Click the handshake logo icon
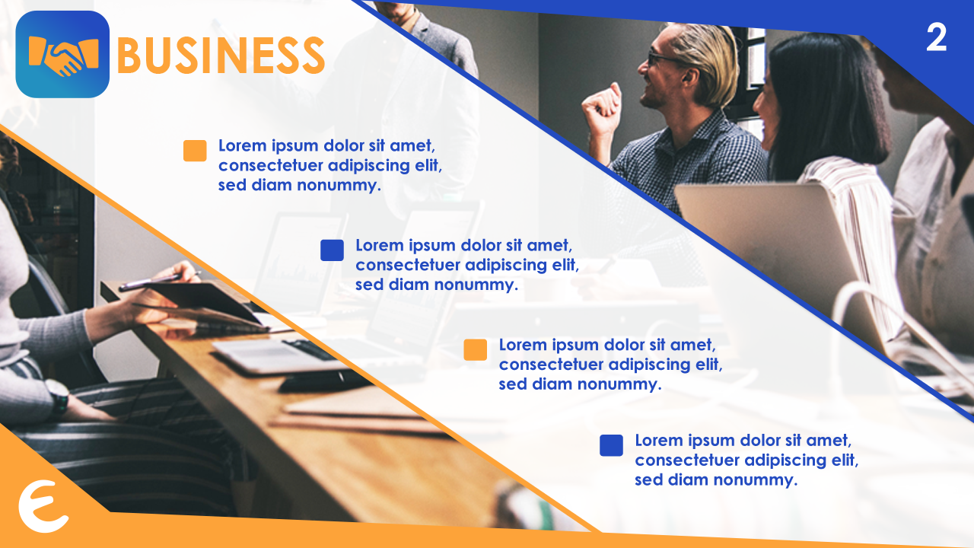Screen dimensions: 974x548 pyautogui.click(x=62, y=54)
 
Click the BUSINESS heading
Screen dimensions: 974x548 pyautogui.click(x=221, y=56)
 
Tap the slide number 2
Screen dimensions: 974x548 pyautogui.click(x=936, y=38)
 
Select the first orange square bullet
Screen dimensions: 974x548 pyautogui.click(x=195, y=151)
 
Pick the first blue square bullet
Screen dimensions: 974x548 pyautogui.click(x=332, y=250)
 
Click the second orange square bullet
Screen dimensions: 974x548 pyautogui.click(x=476, y=349)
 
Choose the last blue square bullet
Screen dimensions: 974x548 pyautogui.click(x=611, y=445)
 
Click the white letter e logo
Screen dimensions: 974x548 pyautogui.click(x=43, y=506)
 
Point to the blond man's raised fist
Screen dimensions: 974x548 pyautogui.click(x=602, y=109)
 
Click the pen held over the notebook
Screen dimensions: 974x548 pyautogui.click(x=160, y=280)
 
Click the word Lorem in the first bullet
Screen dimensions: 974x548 pyautogui.click(x=242, y=145)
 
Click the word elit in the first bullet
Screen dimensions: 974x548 pyautogui.click(x=428, y=165)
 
